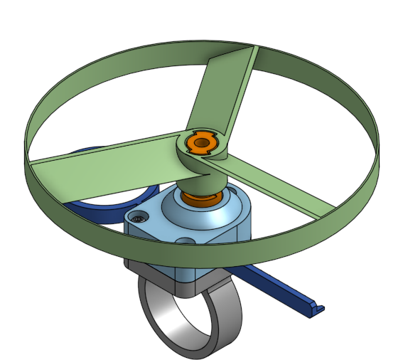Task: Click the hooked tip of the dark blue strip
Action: click(x=317, y=307)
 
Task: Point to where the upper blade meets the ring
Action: click(x=253, y=50)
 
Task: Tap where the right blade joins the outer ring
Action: click(x=331, y=211)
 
